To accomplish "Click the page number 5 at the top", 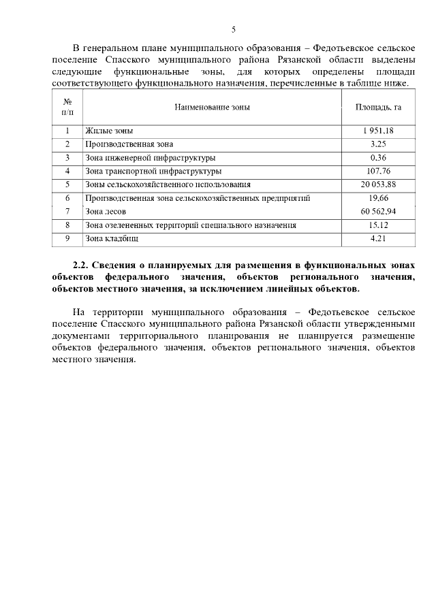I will coord(234,29).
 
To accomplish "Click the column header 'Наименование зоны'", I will coord(212,107).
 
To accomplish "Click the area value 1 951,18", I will coord(378,131).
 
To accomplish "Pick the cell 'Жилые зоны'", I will coord(109,131).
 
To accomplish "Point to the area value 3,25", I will coord(378,144).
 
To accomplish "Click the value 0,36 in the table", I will coord(378,158).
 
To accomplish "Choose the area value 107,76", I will coord(378,171).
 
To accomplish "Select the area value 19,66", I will coord(378,198).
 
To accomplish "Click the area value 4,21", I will coord(378,238).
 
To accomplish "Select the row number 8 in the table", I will coord(67,225).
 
